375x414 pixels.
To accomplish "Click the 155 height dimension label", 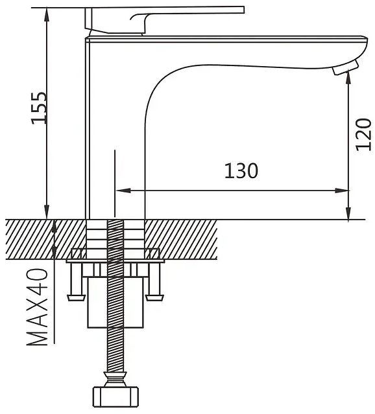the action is click(39, 108).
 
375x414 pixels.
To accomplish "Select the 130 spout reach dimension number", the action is click(241, 171).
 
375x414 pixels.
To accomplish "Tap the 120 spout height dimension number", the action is click(363, 134).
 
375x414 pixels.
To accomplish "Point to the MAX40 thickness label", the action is click(37, 307).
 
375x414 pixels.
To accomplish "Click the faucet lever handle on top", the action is click(164, 20).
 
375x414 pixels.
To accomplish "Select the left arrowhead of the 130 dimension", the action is click(123, 190).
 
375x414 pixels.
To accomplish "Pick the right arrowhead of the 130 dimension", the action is click(342, 190).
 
